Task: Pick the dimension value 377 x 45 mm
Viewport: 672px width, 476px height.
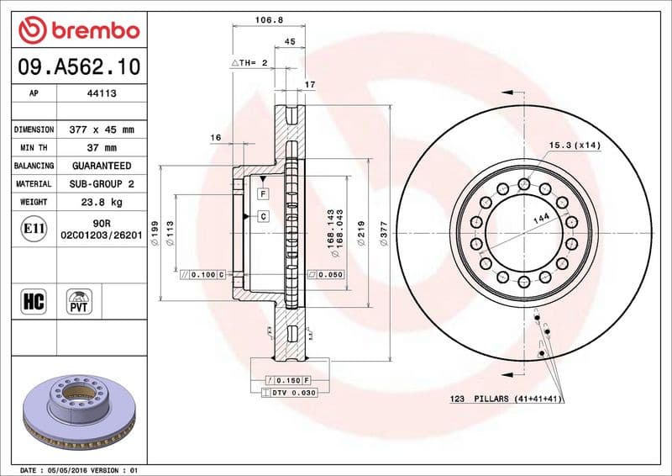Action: click(x=101, y=130)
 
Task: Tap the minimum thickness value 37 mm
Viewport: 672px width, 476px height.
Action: click(x=101, y=148)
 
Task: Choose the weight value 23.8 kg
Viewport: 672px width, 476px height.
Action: click(x=101, y=202)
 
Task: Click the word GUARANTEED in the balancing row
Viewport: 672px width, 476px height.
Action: click(x=101, y=166)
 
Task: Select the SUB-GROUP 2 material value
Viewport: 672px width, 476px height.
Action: click(x=101, y=183)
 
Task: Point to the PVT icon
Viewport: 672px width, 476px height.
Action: click(x=80, y=301)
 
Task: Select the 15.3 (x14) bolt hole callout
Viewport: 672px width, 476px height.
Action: click(x=575, y=145)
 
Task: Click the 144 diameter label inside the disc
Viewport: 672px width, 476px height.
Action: click(x=540, y=218)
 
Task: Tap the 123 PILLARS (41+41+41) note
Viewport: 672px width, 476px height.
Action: click(x=504, y=399)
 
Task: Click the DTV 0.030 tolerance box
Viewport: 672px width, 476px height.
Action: click(x=287, y=393)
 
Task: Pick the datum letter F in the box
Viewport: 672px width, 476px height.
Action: click(x=263, y=193)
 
